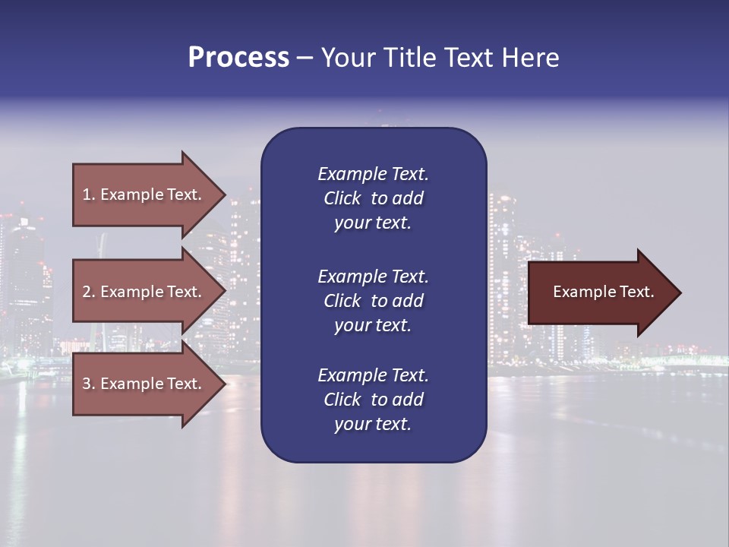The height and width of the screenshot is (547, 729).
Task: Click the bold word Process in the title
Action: pos(238,58)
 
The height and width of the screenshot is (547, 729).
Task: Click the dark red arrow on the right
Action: pos(600,292)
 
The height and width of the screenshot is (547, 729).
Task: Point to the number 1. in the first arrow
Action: pos(89,194)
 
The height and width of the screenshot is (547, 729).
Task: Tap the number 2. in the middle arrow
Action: pos(89,292)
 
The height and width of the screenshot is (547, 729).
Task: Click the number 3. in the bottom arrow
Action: pos(89,384)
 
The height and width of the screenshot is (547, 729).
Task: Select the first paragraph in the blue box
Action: pos(373,198)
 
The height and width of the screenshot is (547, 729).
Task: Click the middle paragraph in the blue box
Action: pos(373,301)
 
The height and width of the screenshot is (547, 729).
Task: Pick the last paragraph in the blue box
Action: pos(373,400)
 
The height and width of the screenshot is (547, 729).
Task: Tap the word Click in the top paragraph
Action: pos(342,198)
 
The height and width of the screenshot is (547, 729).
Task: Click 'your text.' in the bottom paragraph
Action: pos(373,424)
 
